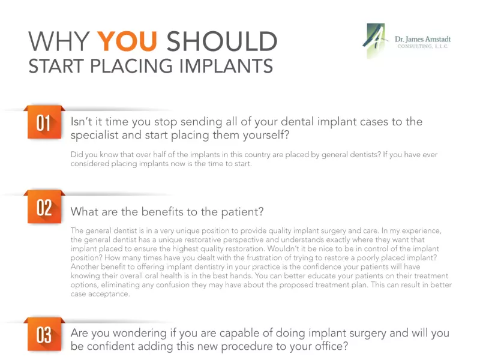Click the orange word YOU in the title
point(127,41)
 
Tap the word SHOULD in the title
point(221,41)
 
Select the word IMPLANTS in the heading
point(226,66)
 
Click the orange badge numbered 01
point(44,122)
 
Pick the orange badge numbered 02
point(44,207)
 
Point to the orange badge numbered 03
point(44,334)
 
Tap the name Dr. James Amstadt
point(422,39)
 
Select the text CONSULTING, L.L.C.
point(423,46)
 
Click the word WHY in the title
point(59,41)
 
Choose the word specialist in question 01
point(94,135)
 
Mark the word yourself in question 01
point(266,135)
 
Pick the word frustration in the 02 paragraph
point(266,258)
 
